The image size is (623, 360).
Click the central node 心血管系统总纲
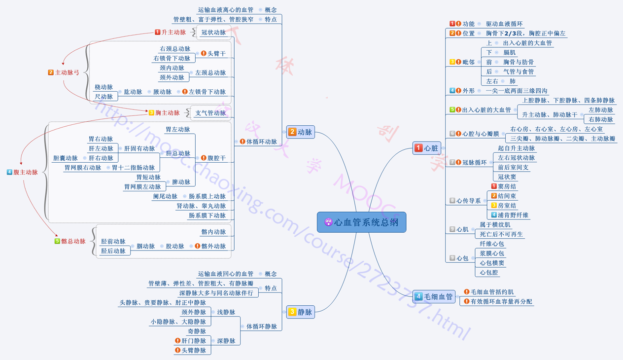[361, 222]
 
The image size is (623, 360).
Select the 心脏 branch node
[427, 148]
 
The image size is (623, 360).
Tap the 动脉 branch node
[301, 132]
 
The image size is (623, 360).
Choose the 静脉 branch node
[301, 312]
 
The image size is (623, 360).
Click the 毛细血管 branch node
[434, 296]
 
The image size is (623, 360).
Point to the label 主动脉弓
[67, 72]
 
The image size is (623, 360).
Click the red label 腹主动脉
[26, 172]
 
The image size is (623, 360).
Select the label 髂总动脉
[73, 241]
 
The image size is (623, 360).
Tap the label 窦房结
[507, 186]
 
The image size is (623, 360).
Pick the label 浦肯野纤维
[513, 215]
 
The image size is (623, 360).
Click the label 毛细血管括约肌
[492, 292]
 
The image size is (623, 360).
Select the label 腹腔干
[216, 158]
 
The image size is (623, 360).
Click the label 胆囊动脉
[66, 158]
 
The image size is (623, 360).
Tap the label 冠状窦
[507, 177]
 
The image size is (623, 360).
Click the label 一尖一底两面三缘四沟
[516, 91]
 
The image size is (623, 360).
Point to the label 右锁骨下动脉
[172, 59]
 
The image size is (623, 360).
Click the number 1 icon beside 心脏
[418, 148]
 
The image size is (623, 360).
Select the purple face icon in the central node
[328, 222]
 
